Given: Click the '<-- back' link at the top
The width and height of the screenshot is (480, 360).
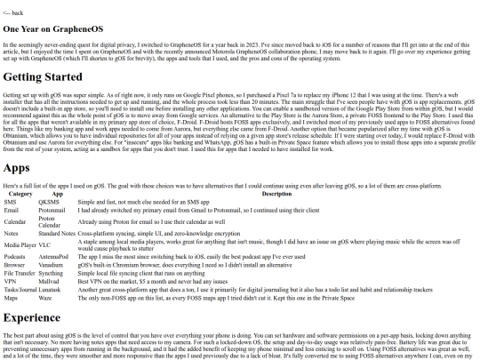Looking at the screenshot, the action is pyautogui.click(x=13, y=13).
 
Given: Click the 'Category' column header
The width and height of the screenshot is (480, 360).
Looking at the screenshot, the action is pyautogui.click(x=20, y=193).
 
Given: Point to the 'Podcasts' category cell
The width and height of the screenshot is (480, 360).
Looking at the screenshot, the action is pyautogui.click(x=16, y=256).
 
